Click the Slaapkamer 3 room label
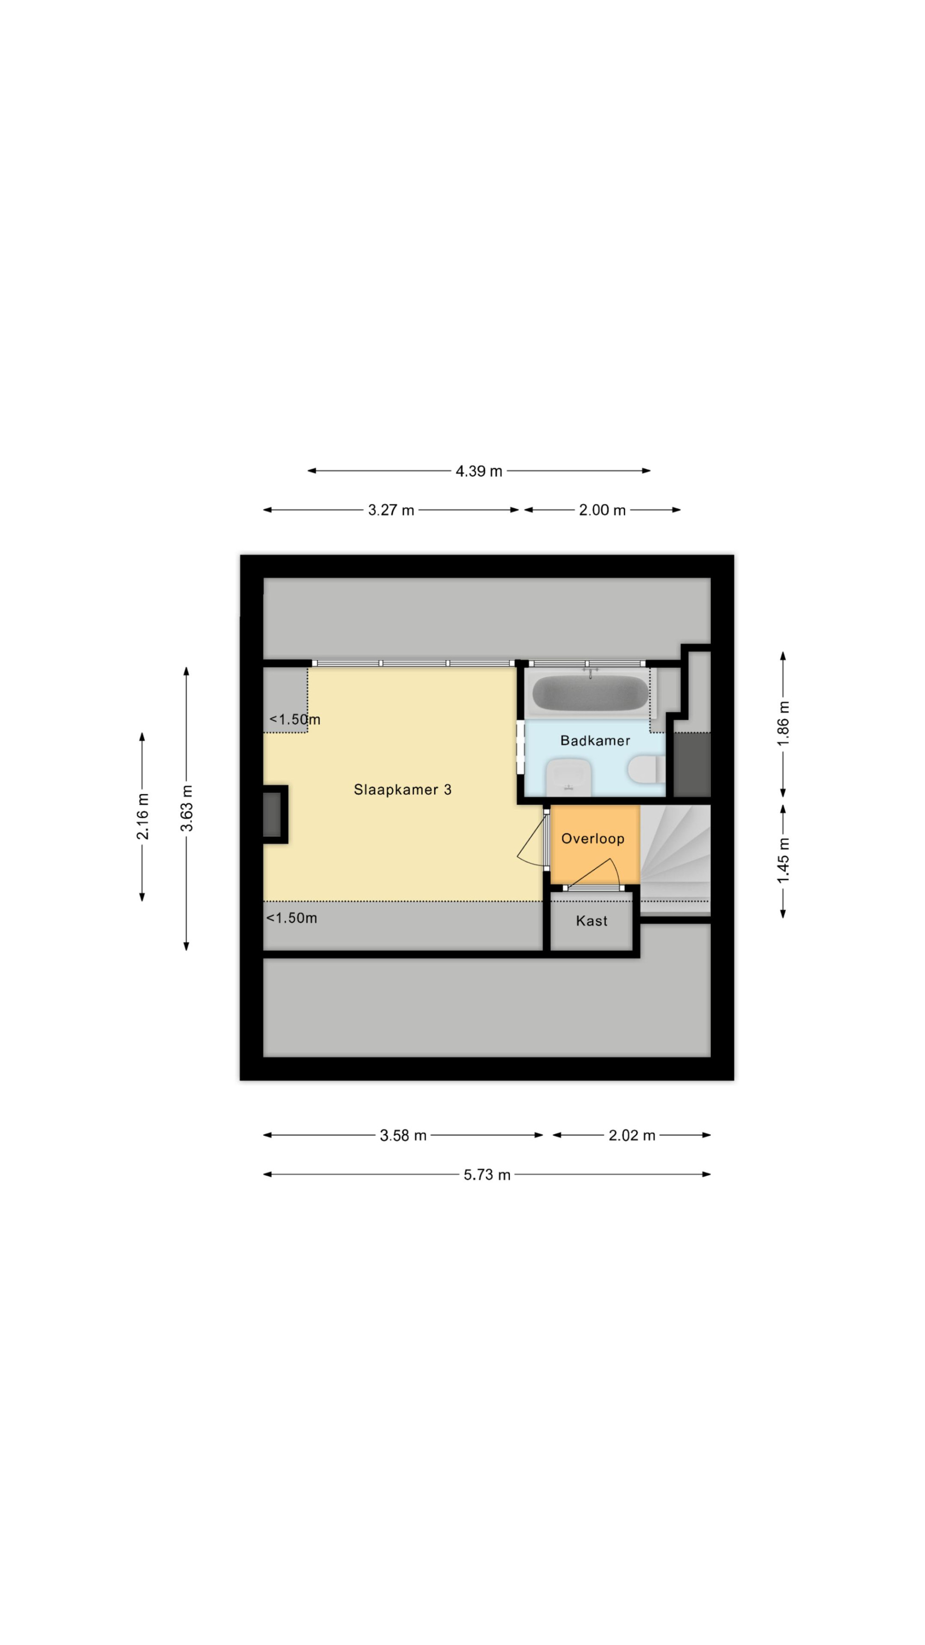pos(402,790)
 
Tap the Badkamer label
pos(595,741)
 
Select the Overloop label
pos(592,839)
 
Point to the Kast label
pos(591,921)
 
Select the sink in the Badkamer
pos(568,777)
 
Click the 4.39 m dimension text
pos(479,471)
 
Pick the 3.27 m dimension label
pos(391,510)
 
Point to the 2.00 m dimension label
pos(602,510)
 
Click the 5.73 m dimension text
pos(487,1175)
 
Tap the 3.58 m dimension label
pos(403,1135)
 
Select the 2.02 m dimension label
pos(631,1135)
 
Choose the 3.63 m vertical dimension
pos(186,809)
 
